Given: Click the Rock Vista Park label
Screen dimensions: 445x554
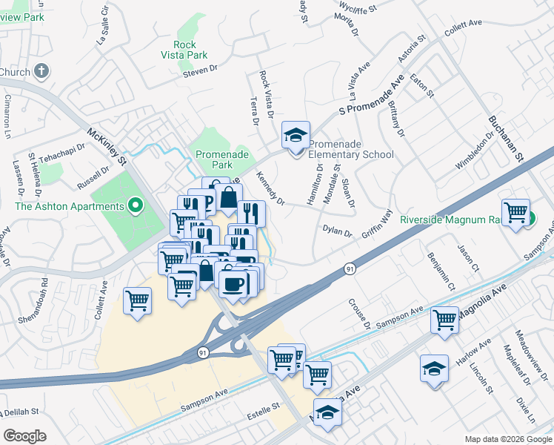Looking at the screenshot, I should click(x=185, y=49).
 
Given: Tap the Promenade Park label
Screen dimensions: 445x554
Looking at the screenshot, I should click(x=219, y=160).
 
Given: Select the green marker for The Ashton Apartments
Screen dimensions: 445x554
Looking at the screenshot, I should click(x=135, y=205).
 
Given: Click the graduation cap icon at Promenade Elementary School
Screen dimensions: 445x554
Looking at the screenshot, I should click(x=296, y=136).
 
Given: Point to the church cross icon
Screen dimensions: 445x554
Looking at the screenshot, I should click(x=41, y=72).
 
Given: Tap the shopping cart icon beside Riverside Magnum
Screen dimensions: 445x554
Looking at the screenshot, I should click(x=515, y=212).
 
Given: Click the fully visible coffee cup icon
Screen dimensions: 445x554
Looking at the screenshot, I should click(x=233, y=284).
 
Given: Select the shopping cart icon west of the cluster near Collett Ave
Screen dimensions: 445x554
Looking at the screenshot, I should click(x=138, y=301).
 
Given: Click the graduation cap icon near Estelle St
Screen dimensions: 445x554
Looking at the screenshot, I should click(x=327, y=412).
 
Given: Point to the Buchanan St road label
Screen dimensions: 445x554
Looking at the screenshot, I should click(x=506, y=138).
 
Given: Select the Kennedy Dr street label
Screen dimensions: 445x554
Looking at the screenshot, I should click(x=270, y=188).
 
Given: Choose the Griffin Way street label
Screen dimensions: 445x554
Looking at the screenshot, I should click(x=376, y=225).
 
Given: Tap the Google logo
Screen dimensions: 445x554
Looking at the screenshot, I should click(x=24, y=436).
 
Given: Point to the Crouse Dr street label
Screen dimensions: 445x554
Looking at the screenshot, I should click(x=358, y=314).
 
